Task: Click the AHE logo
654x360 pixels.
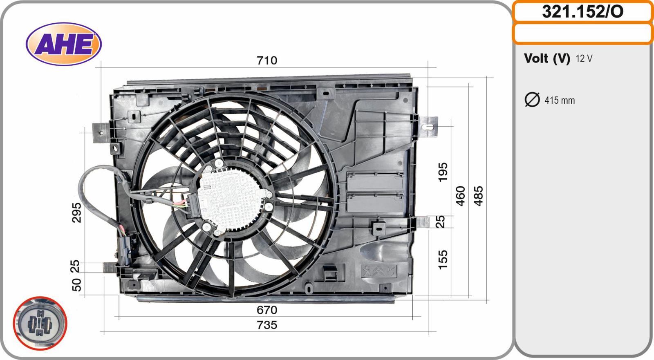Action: (64, 44)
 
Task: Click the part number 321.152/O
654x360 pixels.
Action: (582, 12)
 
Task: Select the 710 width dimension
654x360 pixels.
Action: (267, 60)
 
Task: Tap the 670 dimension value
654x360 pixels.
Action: (267, 310)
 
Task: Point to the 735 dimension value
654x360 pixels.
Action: (267, 325)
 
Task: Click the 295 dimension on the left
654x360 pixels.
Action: (76, 212)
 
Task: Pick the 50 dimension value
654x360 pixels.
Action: (76, 285)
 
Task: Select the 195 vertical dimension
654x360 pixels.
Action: (443, 172)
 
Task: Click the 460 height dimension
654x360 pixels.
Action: (460, 196)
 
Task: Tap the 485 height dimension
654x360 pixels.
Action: (479, 196)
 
